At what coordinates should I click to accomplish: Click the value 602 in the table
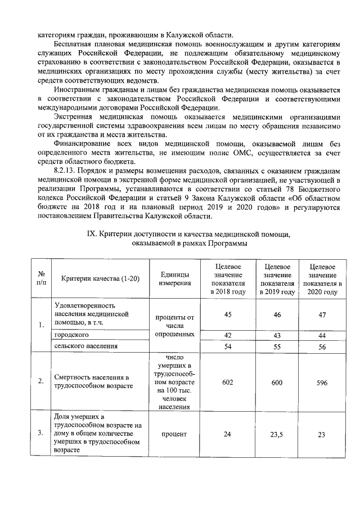pyautogui.click(x=228, y=382)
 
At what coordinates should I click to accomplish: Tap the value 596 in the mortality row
pyautogui.click(x=322, y=382)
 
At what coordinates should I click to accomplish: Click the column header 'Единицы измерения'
pyautogui.click(x=174, y=279)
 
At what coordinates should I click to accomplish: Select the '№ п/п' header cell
pyautogui.click(x=41, y=279)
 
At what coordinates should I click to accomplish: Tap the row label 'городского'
pyautogui.click(x=71, y=335)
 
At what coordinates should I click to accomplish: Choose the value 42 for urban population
pyautogui.click(x=228, y=335)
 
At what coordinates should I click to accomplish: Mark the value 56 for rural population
pyautogui.click(x=322, y=347)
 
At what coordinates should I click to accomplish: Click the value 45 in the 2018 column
pyautogui.click(x=228, y=315)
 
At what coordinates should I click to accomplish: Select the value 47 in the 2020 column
pyautogui.click(x=322, y=315)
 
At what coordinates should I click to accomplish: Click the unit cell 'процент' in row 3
pyautogui.click(x=174, y=434)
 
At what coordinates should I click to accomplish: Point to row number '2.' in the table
pyautogui.click(x=41, y=382)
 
